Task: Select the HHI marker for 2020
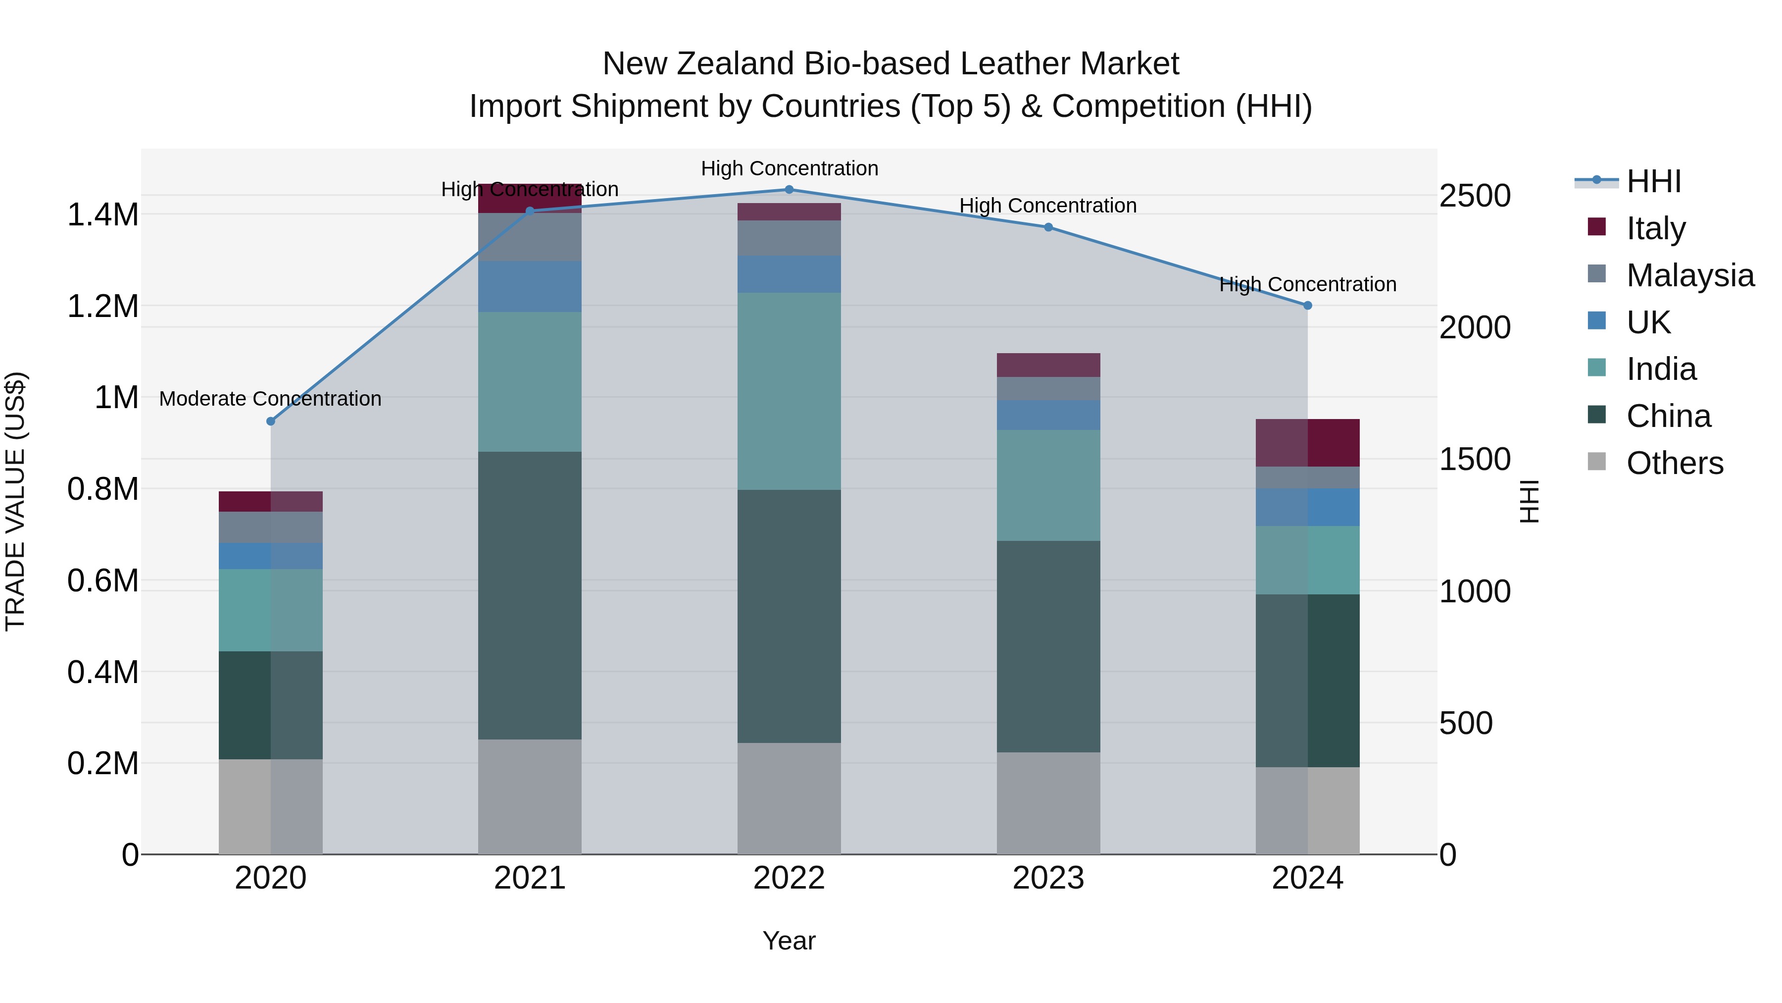270,421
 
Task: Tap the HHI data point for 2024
1307,305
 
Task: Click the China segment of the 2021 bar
529,595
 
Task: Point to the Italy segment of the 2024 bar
1307,442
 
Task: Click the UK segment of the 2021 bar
529,287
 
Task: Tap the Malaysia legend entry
1690,275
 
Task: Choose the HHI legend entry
1653,181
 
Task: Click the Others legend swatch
1596,462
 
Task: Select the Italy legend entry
1655,228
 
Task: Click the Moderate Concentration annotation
270,399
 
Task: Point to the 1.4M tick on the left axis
102,214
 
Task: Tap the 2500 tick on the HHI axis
1475,196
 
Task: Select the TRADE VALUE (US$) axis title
15,501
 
